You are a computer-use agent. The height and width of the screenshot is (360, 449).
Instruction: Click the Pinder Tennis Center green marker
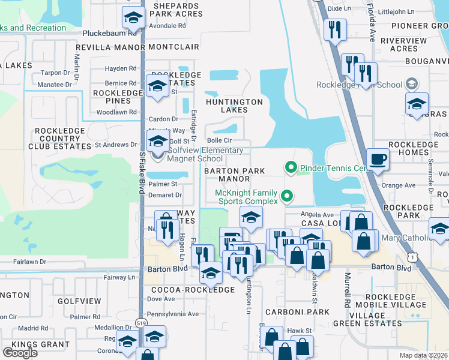291,167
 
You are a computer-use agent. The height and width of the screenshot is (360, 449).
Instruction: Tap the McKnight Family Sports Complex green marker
288,195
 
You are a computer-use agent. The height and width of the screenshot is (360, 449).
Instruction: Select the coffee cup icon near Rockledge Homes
378,159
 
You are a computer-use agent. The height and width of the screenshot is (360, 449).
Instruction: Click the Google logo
20,353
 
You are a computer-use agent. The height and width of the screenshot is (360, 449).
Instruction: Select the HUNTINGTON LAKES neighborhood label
234,106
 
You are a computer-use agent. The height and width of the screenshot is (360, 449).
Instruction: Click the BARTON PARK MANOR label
234,175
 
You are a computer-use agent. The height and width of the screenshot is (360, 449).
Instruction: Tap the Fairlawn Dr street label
30,262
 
